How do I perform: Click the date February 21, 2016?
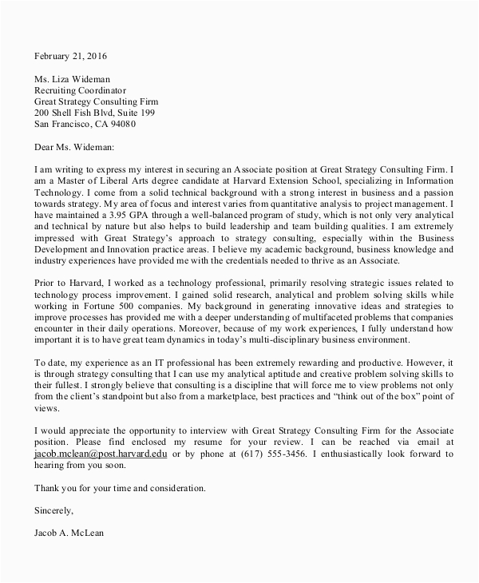click(69, 57)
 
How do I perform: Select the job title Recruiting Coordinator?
click(80, 90)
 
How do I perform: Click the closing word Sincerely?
click(54, 509)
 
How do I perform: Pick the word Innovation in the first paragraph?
click(126, 251)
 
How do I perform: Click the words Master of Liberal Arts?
click(89, 181)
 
